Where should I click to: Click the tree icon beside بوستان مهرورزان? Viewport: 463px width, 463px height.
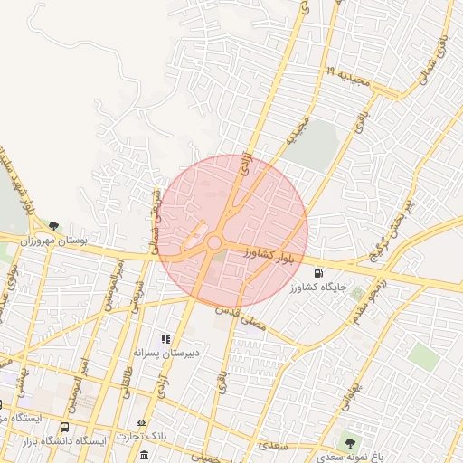coord(53,225)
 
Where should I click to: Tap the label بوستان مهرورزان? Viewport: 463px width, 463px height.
coord(53,241)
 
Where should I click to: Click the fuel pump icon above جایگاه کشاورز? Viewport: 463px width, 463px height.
coord(317,274)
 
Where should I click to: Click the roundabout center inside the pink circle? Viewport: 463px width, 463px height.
coord(214,242)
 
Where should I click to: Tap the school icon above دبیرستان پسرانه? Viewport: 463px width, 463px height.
coord(165,338)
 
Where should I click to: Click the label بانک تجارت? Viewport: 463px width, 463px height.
coord(142,437)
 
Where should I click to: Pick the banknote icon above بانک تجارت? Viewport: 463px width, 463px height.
coord(141,422)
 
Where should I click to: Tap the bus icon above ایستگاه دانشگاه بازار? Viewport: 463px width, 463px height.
coord(64,426)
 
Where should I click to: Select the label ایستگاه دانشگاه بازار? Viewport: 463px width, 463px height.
coord(63,440)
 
